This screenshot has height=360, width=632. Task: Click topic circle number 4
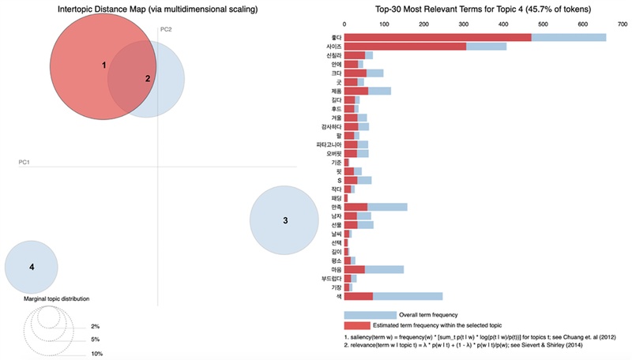[32, 267]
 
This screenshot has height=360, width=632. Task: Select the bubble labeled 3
[285, 220]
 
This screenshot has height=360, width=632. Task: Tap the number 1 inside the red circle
[104, 65]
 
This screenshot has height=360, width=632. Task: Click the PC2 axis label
[166, 29]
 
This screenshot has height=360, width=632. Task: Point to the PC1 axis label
[24, 163]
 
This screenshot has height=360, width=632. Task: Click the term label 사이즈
[330, 47]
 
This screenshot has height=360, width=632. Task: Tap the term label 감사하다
[329, 126]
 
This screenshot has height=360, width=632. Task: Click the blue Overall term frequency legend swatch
[370, 315]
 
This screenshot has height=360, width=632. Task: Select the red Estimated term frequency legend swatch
[370, 325]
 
